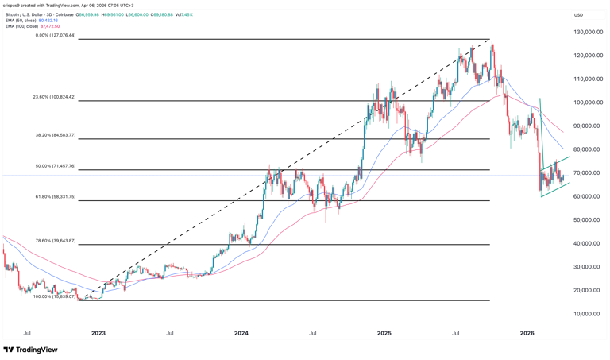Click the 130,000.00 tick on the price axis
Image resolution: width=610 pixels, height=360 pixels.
(589, 33)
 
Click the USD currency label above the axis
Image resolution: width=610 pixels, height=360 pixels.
(579, 14)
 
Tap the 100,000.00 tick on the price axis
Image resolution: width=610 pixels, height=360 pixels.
(589, 103)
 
